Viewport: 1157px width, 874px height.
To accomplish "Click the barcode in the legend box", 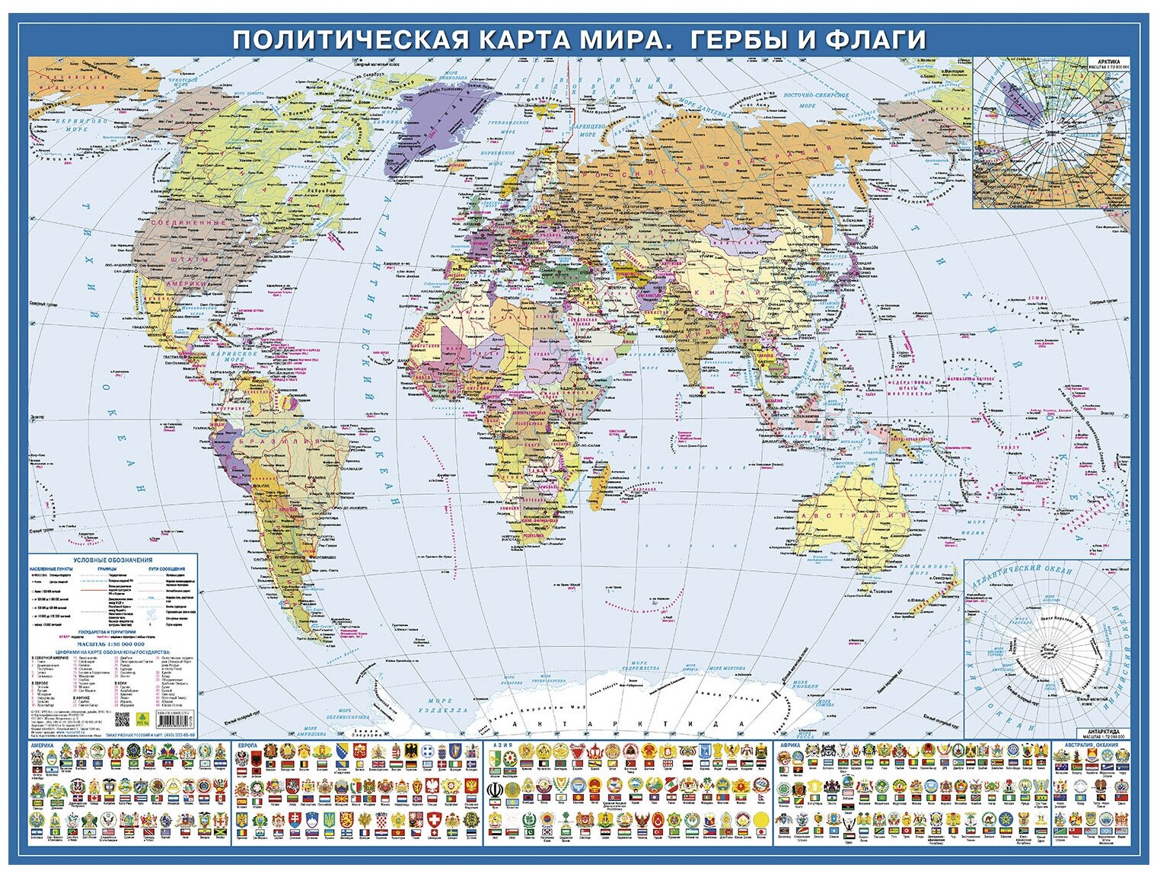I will [174, 718].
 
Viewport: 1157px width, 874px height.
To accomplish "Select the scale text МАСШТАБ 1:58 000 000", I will [112, 644].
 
